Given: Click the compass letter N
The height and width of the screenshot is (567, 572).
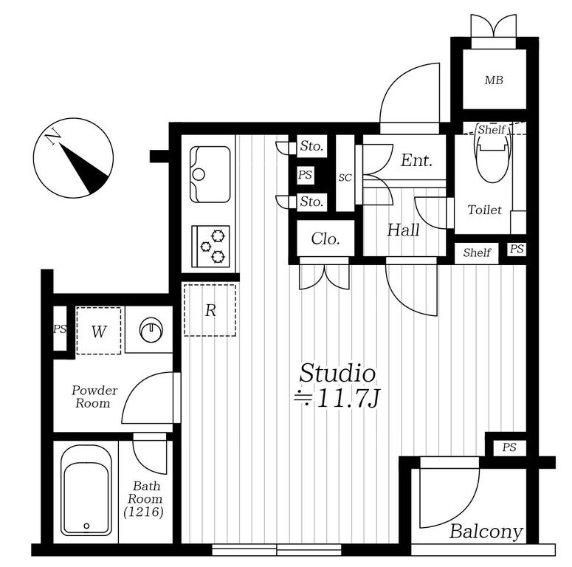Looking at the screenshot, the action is pyautogui.click(x=53, y=137).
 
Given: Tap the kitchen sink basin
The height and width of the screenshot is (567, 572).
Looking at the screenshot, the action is pyautogui.click(x=210, y=174).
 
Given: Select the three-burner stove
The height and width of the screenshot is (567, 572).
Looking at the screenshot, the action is pyautogui.click(x=211, y=247).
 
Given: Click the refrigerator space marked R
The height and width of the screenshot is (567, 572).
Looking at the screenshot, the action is pyautogui.click(x=210, y=310).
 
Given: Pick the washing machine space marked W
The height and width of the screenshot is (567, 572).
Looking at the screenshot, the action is pyautogui.click(x=98, y=331).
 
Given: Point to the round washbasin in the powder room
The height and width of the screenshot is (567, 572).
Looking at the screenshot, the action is pyautogui.click(x=151, y=330).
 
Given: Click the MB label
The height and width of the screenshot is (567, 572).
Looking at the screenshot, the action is pyautogui.click(x=494, y=80).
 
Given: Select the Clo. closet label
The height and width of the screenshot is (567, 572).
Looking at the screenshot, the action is pyautogui.click(x=325, y=239).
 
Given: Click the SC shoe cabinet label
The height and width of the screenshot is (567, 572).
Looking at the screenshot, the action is pyautogui.click(x=345, y=178).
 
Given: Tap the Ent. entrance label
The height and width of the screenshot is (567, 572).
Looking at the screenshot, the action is pyautogui.click(x=416, y=160).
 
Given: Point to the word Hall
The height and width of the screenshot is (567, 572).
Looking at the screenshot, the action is pyautogui.click(x=403, y=230).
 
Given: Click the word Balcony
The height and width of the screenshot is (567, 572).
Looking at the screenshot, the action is pyautogui.click(x=486, y=532).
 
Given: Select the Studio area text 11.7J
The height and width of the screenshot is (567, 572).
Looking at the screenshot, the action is pyautogui.click(x=349, y=399).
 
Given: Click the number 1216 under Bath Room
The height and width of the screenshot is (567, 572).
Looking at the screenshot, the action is pyautogui.click(x=143, y=512).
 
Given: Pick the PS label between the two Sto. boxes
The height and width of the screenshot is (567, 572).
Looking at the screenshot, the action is pyautogui.click(x=305, y=174).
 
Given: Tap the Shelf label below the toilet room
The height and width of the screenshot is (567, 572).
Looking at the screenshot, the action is pyautogui.click(x=477, y=252).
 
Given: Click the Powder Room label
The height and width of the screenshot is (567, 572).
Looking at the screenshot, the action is pyautogui.click(x=94, y=396).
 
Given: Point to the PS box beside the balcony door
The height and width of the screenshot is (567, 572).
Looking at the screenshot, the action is pyautogui.click(x=509, y=447).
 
